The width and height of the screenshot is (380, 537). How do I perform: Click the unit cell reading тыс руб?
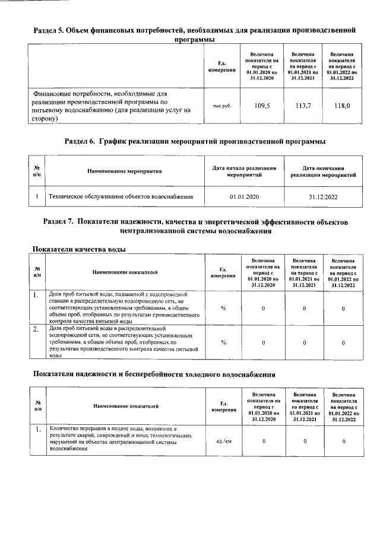point(221,106)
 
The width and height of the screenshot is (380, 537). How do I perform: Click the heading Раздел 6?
point(195,141)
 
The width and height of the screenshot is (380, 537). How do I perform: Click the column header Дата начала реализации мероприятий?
point(244,172)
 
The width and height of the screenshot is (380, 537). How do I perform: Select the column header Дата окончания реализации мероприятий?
point(324,172)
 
